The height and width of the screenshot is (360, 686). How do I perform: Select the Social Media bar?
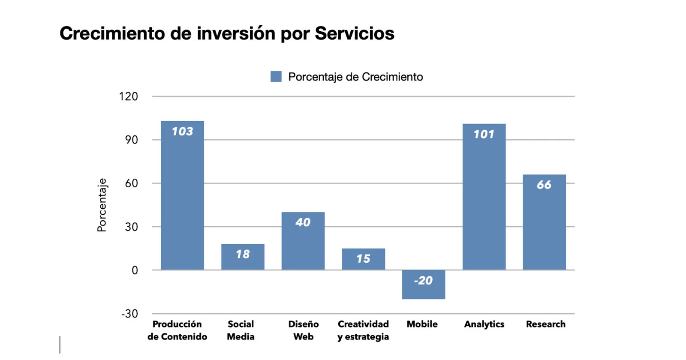coord(243,262)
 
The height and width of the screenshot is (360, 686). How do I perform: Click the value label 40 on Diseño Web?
coord(303,222)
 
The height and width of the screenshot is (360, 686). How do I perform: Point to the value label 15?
coord(363,259)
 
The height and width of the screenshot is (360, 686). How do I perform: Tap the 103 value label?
coord(182,132)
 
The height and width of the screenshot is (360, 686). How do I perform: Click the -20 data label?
coord(424,281)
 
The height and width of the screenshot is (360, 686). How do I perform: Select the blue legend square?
coord(276,77)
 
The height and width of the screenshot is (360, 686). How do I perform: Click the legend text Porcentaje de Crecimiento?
coord(355,77)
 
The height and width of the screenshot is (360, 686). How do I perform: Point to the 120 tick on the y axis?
coord(129,96)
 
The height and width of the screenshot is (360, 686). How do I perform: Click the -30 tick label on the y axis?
coord(130,314)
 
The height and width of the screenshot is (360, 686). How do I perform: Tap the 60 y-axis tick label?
coord(132,183)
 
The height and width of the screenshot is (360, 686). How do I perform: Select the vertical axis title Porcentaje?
coord(102,205)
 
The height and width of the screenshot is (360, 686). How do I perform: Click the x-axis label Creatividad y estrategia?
coord(363,330)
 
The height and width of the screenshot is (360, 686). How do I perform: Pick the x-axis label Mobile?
coord(422,324)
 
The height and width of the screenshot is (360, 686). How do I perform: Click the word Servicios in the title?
coord(355,33)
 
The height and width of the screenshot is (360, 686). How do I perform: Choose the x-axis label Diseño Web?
coord(303,330)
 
